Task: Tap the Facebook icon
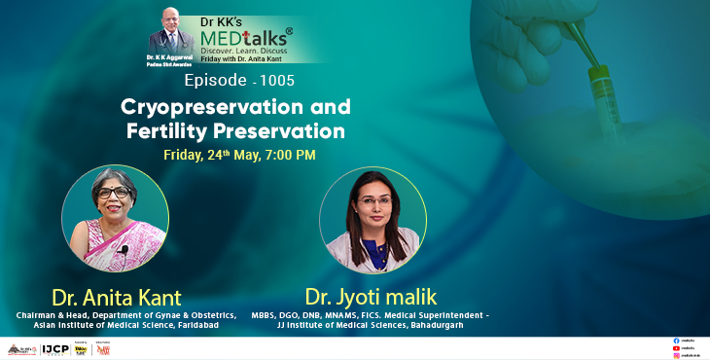coord(676,341)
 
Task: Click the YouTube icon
coord(676,347)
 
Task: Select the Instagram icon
coord(676,355)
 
